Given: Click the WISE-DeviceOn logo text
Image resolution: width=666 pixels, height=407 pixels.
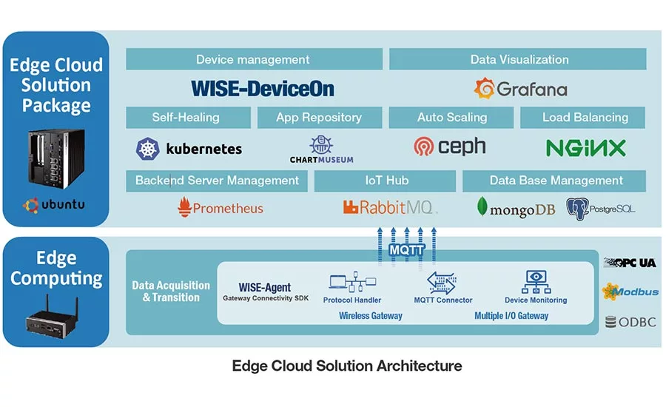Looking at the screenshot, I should click(x=262, y=89).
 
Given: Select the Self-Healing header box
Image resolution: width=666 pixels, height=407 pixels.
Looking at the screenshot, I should click(x=186, y=117).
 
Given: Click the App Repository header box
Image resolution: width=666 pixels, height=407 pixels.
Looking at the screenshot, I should click(x=319, y=117).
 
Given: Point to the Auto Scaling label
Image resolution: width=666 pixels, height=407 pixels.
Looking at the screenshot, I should click(x=451, y=117).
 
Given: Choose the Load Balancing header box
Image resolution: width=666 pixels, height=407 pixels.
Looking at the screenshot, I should click(x=584, y=117).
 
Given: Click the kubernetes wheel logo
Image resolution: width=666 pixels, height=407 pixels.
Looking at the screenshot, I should click(x=148, y=149).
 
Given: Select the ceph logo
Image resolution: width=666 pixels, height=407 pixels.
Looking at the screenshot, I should click(x=450, y=147).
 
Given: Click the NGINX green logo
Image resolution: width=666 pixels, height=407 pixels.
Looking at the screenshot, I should click(x=585, y=148).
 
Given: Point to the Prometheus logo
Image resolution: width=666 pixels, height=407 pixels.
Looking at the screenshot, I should click(x=221, y=208).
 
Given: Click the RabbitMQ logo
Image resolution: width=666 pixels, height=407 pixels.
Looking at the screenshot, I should click(x=389, y=208).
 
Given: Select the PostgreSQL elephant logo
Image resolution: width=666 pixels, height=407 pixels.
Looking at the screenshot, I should click(x=577, y=208).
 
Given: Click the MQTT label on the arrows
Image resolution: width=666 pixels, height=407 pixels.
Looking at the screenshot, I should click(x=406, y=250).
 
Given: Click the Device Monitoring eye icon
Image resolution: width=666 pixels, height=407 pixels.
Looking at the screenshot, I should click(x=535, y=282).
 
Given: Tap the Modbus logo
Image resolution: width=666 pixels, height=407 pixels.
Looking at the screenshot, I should click(x=630, y=292).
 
